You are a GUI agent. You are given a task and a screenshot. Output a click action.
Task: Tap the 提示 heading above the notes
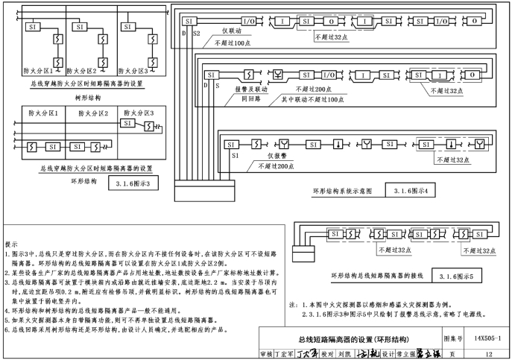(x=11, y=244)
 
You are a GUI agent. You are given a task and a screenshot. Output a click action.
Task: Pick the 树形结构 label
(x=86, y=98)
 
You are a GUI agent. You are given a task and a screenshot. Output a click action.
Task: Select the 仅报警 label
(x=279, y=156)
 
